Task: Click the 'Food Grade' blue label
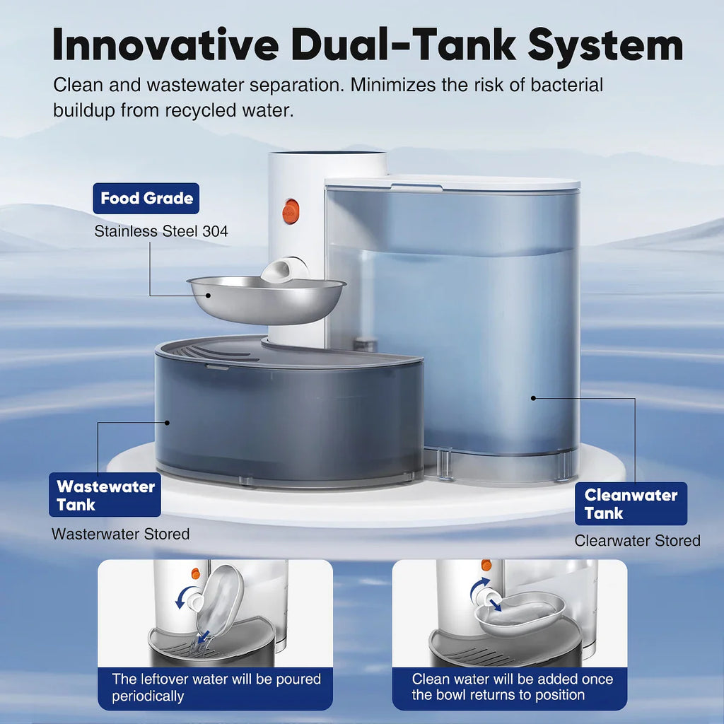point(146,198)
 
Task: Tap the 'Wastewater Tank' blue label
point(105,495)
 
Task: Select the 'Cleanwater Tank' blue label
point(631,503)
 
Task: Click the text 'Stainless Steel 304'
point(161,231)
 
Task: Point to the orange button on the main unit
point(291,210)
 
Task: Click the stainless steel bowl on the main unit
point(265,300)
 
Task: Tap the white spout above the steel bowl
point(285,269)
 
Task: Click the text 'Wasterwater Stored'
point(120,535)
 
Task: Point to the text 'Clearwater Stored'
point(637,541)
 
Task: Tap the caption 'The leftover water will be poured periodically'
point(216,687)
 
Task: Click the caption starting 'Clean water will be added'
point(512,687)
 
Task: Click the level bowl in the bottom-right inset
point(520,612)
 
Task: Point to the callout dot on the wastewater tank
point(168,423)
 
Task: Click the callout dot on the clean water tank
point(533,398)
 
